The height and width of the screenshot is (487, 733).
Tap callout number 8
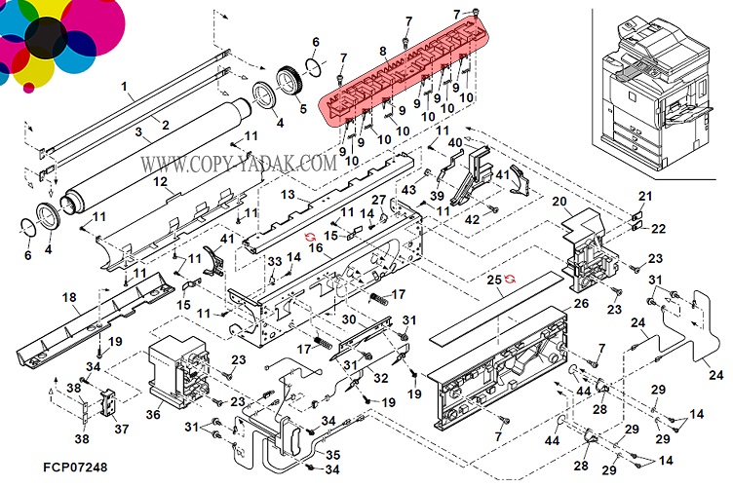click(383, 51)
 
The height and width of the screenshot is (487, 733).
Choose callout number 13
click(288, 196)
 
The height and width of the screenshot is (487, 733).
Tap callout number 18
click(69, 296)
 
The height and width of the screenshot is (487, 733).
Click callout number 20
click(559, 202)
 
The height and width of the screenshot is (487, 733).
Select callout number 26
click(581, 304)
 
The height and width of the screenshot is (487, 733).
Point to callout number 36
click(153, 413)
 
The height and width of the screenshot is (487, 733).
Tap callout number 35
click(333, 455)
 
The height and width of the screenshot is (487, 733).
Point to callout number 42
click(471, 220)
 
